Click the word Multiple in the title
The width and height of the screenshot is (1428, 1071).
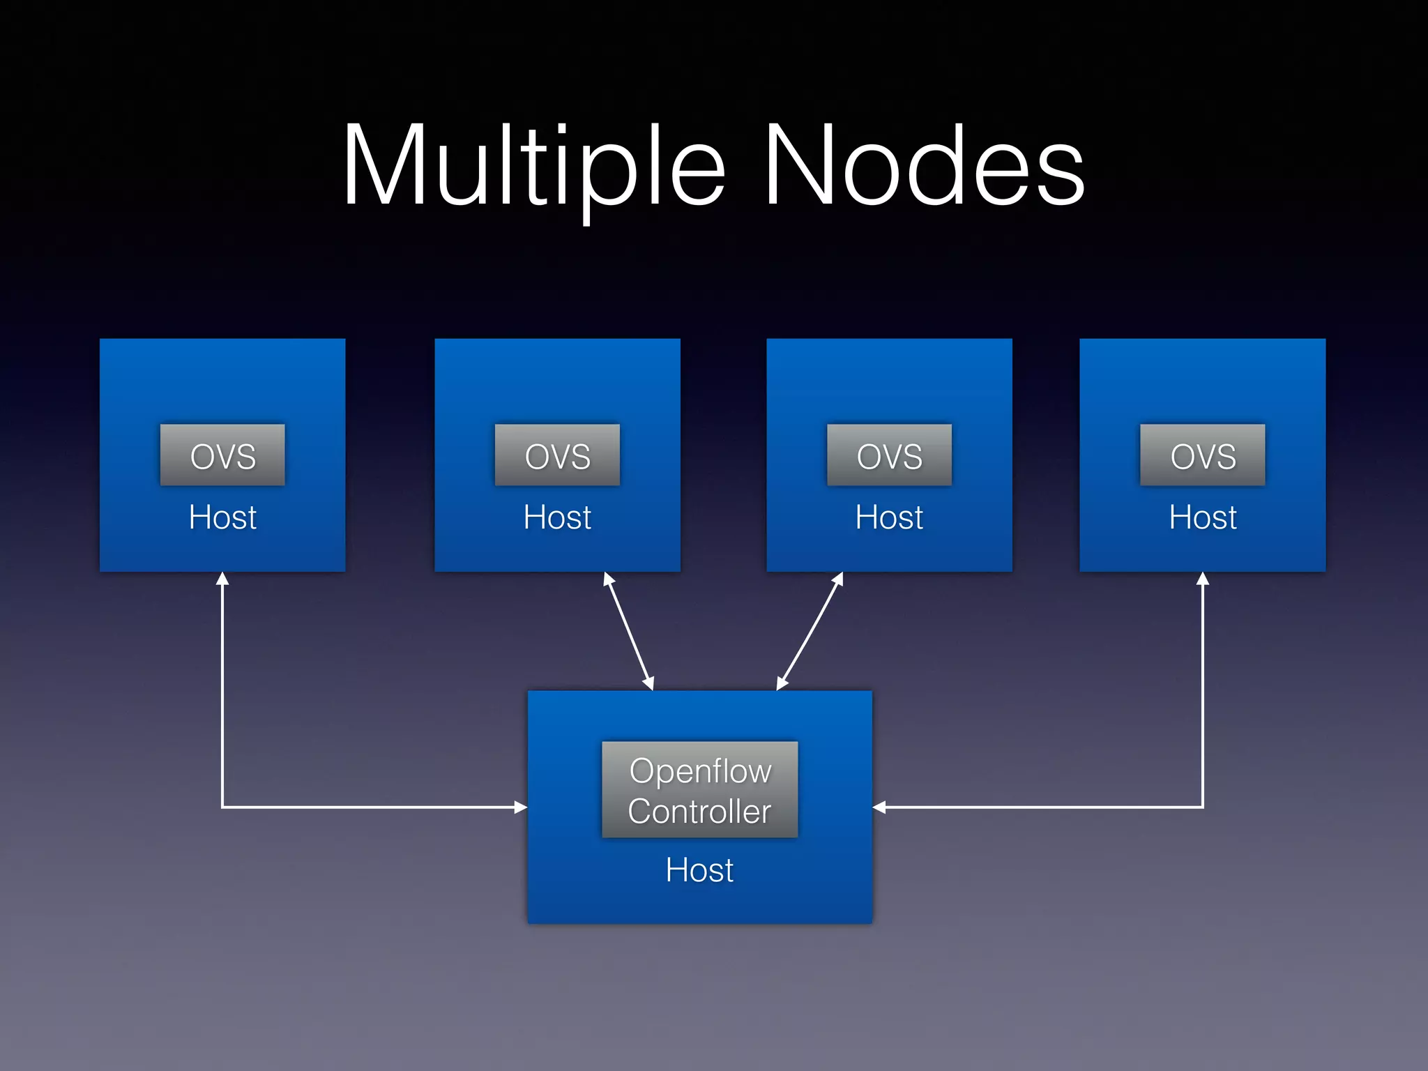point(533,167)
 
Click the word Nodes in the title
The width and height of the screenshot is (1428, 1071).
point(924,167)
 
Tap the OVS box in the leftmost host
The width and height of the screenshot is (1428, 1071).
point(222,455)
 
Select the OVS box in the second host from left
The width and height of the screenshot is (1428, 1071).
point(557,455)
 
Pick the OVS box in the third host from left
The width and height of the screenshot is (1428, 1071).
point(889,455)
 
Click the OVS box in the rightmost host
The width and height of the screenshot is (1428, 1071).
point(1202,455)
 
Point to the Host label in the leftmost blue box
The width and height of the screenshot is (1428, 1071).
point(222,517)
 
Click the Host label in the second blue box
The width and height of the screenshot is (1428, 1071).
point(557,517)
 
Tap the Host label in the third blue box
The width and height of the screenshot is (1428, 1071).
point(889,517)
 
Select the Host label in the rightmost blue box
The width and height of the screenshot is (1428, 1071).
point(1202,517)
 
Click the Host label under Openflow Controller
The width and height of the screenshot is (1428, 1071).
point(699,870)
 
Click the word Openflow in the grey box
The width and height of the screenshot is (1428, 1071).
point(700,771)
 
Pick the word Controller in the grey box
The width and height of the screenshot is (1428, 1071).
point(699,812)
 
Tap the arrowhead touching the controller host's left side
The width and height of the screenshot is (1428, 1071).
point(520,807)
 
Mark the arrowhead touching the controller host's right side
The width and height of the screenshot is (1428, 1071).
point(880,807)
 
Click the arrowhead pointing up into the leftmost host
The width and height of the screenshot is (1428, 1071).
point(222,579)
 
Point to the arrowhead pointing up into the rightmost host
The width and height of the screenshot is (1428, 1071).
point(1202,579)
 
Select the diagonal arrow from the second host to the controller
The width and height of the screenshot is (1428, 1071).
point(629,632)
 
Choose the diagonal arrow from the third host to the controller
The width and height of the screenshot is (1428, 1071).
point(810,632)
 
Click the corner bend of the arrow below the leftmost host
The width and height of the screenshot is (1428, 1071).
point(222,807)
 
